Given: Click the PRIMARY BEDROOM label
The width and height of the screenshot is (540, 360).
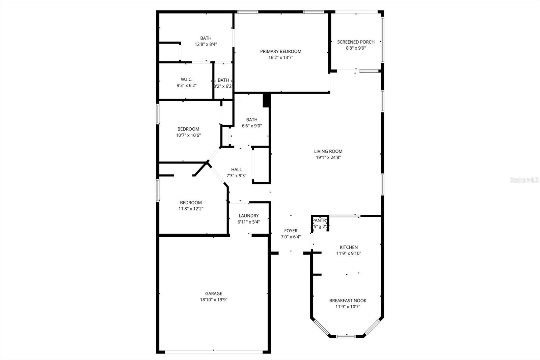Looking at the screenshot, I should click(280, 51).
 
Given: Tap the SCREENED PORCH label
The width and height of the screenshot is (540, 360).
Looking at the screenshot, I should click(356, 42).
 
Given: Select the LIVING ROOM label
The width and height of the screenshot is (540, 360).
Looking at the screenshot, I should click(328, 151).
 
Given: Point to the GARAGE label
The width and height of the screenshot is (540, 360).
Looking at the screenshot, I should click(214, 293).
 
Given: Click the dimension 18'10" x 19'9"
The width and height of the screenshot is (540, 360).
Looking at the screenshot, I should click(214, 300).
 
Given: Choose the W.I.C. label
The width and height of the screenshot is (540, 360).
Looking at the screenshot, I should click(186, 79).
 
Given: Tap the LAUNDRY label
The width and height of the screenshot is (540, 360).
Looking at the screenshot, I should click(248, 215).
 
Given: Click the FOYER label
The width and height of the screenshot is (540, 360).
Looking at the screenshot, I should click(291, 231).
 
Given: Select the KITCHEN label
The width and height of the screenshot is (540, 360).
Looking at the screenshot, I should click(349, 247).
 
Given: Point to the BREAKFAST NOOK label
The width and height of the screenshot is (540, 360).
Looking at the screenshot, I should click(348, 301).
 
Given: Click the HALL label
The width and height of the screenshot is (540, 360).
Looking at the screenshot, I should click(236, 170).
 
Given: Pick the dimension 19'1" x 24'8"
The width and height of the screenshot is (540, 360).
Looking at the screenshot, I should click(328, 157).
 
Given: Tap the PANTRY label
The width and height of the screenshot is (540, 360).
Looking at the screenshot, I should click(320, 221).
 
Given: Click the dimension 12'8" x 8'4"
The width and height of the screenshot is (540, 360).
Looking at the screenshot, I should click(206, 44).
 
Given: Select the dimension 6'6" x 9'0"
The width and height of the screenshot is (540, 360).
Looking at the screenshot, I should click(252, 126).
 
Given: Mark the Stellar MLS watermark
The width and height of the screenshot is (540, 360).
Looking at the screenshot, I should click(524, 180).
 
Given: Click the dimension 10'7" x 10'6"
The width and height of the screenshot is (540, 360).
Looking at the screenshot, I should click(188, 135).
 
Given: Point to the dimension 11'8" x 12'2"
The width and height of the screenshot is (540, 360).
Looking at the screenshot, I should click(191, 209).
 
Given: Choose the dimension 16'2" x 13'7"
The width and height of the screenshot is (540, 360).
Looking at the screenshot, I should click(280, 57).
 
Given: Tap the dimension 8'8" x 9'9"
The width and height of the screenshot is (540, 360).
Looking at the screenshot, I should click(356, 48).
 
